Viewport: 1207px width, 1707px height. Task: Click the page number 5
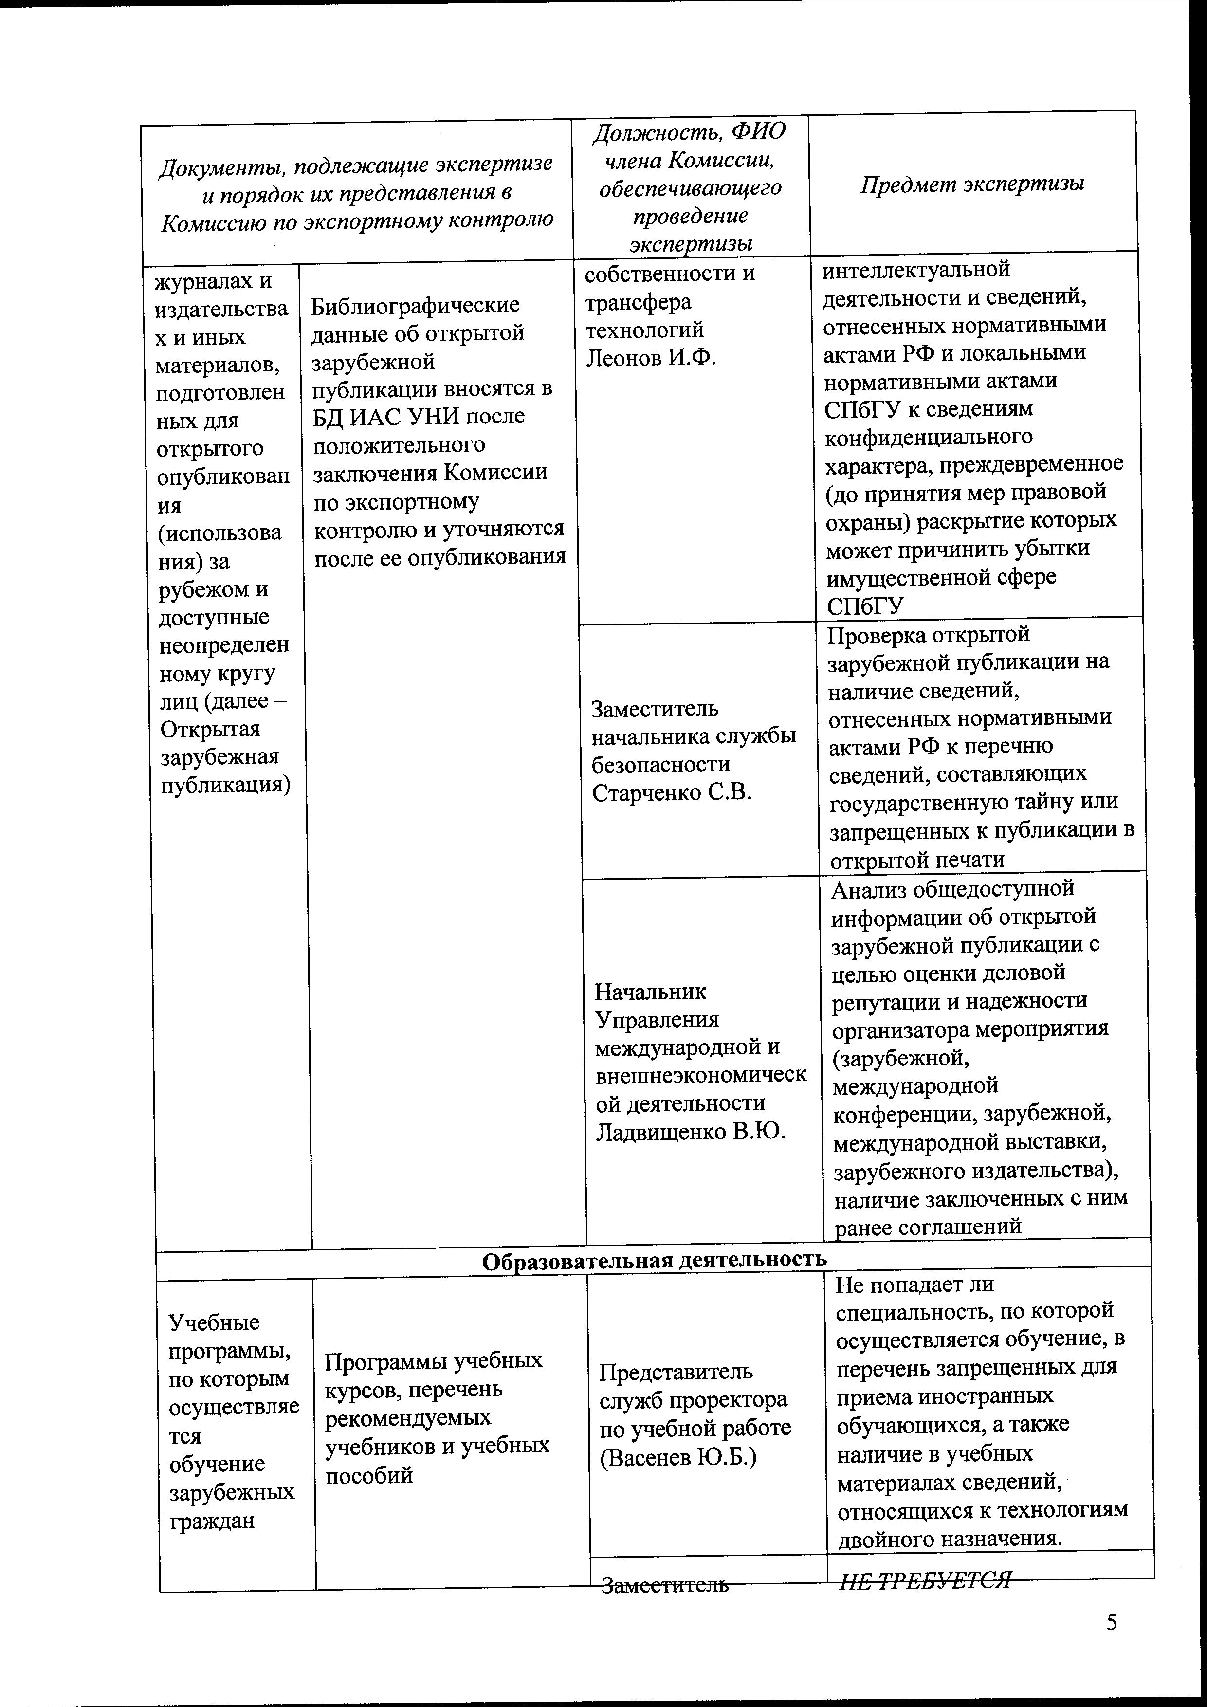1111,1622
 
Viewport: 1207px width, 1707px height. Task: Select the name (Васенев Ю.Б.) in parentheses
678,1458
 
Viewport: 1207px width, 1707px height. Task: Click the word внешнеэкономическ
701,1075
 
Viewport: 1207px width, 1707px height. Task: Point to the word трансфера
638,302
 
